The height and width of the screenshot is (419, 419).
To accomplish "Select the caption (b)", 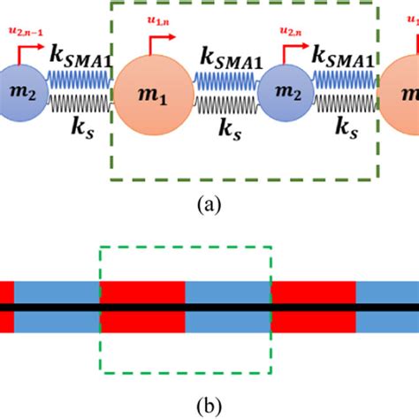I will pos(209,406).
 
